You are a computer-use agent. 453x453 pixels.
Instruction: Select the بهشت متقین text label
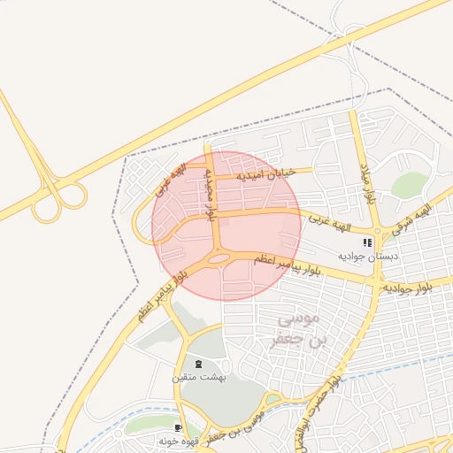pyautogui.click(x=199, y=378)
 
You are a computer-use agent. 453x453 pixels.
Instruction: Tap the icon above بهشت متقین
pyautogui.click(x=198, y=364)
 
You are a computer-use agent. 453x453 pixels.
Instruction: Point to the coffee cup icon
pyautogui.click(x=179, y=428)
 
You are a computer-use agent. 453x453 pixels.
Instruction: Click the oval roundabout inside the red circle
pyautogui.click(x=219, y=259)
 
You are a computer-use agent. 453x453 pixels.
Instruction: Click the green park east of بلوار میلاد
pyautogui.click(x=409, y=185)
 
